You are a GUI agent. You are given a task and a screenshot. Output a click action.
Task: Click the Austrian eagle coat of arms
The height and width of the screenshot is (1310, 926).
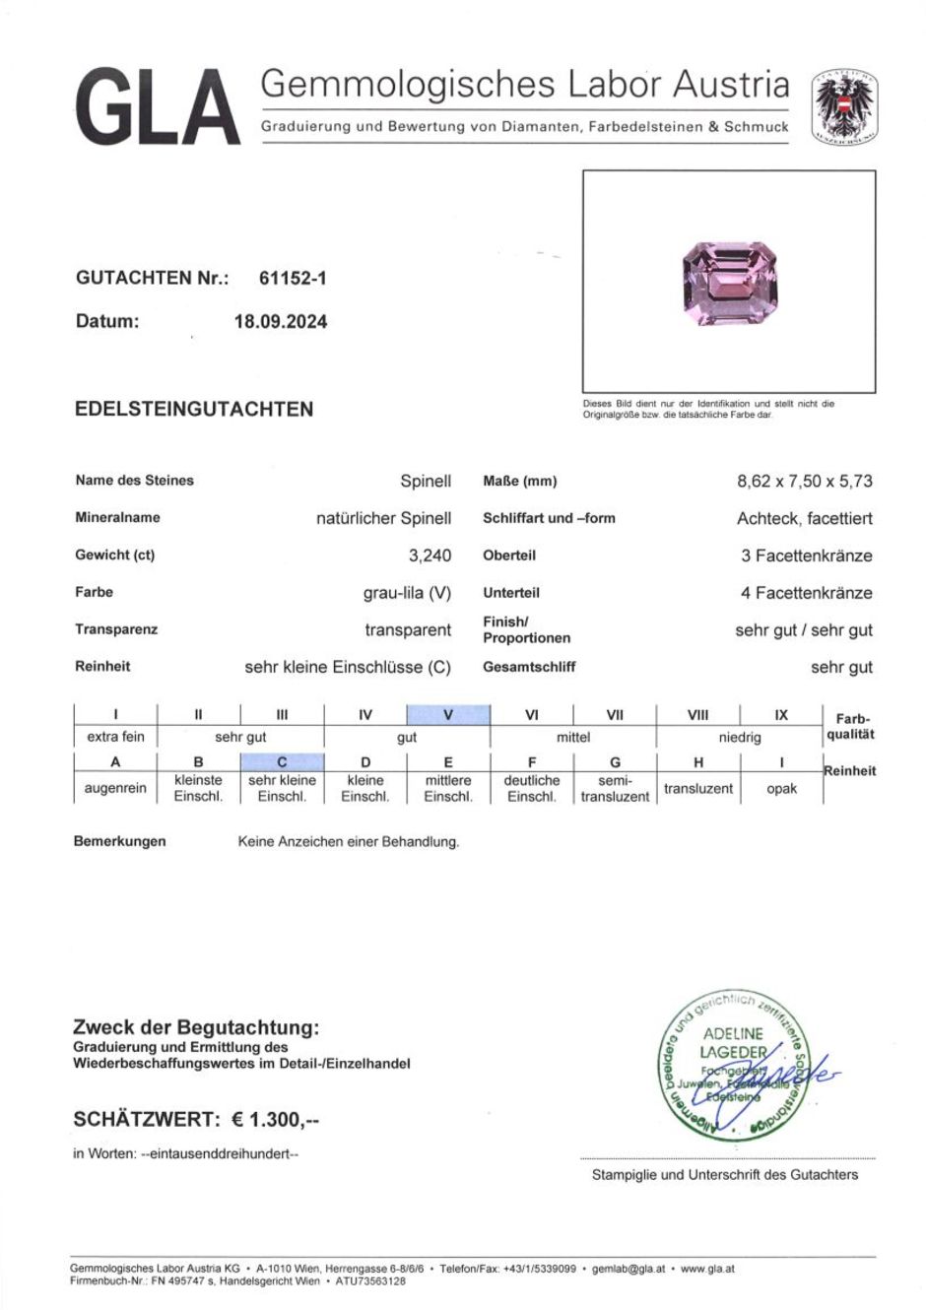pos(844,106)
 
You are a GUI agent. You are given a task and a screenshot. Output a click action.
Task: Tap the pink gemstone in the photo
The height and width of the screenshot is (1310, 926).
pos(730,282)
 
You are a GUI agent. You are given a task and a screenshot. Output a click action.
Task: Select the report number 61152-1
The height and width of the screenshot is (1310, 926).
pos(293,279)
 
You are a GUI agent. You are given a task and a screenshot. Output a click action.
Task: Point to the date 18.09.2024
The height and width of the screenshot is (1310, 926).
pos(281,322)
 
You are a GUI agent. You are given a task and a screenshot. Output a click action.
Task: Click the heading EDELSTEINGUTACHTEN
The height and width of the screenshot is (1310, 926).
pos(194,410)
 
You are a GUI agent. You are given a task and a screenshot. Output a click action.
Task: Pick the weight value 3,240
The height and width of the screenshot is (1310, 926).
pos(430,556)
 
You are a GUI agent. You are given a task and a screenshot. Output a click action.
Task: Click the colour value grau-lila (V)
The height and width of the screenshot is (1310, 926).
pos(407,593)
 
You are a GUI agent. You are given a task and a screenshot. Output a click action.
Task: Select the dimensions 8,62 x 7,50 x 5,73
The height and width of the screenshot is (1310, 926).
pos(804,482)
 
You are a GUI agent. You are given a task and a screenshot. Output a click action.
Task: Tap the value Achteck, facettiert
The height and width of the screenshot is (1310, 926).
pos(804,519)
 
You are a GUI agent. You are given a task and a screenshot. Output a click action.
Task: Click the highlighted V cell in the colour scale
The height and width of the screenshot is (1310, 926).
pos(448,715)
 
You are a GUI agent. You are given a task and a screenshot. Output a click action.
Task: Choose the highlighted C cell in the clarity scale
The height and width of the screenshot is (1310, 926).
pos(282,762)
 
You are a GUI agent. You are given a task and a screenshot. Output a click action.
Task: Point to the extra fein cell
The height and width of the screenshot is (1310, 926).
pos(115,737)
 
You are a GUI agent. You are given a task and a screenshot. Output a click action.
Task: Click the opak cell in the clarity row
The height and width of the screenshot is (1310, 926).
pos(781,789)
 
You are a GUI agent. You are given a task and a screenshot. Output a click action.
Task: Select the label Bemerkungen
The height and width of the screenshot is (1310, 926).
pos(119,842)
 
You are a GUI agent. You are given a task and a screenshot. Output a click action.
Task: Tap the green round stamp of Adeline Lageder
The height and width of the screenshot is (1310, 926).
pos(732,1067)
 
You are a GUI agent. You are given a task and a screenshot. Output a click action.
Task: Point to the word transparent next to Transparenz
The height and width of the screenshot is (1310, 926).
pos(408,630)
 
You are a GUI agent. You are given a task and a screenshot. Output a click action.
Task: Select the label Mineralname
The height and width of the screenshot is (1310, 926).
pos(117,518)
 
